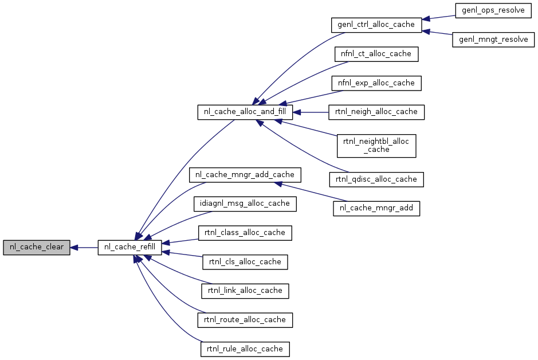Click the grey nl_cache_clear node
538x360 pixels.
(x=36, y=248)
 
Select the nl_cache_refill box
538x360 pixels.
(x=129, y=248)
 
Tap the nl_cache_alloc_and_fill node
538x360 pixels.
(x=245, y=112)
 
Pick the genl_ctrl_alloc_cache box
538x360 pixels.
(x=376, y=25)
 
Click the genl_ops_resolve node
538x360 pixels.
(x=493, y=11)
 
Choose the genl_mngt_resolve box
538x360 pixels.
(x=493, y=40)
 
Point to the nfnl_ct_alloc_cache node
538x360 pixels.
(x=376, y=54)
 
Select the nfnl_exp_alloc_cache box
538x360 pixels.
(x=376, y=83)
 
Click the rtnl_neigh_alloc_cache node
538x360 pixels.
(x=376, y=112)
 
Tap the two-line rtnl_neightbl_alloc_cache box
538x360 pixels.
(x=376, y=146)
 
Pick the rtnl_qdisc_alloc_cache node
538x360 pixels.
(x=376, y=179)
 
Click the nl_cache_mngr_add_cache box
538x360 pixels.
(x=245, y=175)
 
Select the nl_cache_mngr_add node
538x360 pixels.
(x=376, y=208)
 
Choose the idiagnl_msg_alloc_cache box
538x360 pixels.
(x=245, y=204)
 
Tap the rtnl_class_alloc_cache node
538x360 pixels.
(x=245, y=233)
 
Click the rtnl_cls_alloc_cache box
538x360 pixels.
(x=245, y=262)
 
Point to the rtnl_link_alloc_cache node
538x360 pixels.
(x=245, y=291)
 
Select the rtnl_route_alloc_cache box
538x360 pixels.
(x=245, y=320)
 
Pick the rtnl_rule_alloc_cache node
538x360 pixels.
(x=245, y=349)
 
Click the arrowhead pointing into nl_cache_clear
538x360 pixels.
(x=74, y=248)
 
